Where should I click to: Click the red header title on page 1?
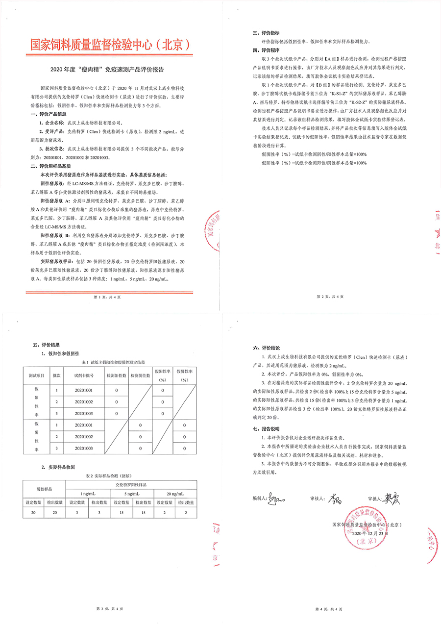[x=110, y=45]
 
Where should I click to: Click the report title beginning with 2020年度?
[x=110, y=69]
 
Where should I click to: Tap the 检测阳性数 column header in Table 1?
[x=116, y=375]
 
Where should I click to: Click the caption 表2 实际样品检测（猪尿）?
[x=110, y=475]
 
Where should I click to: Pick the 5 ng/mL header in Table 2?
[x=132, y=493]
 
